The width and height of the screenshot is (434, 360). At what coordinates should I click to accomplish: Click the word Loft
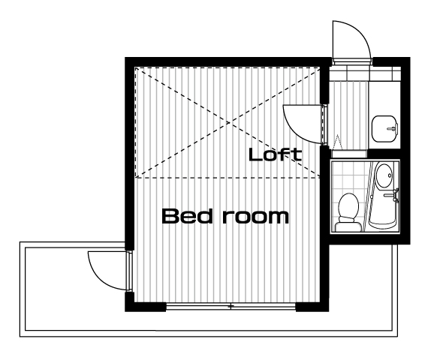[x=275, y=154]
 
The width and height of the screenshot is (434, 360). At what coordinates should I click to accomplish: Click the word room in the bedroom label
[x=256, y=217]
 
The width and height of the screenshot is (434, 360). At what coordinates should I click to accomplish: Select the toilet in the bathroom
[x=348, y=212]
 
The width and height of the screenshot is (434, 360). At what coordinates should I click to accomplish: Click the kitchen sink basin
[x=384, y=128]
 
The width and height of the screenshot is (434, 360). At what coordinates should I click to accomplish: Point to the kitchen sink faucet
[x=393, y=128]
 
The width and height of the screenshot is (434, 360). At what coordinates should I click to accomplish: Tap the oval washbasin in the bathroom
[x=384, y=175]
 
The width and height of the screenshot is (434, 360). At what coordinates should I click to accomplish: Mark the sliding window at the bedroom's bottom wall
[x=231, y=306]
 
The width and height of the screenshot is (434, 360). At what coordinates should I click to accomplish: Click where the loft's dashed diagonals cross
[x=229, y=122]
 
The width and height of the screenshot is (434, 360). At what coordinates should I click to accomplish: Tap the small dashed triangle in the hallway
[x=337, y=142]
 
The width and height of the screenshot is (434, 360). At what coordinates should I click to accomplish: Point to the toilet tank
[x=348, y=226]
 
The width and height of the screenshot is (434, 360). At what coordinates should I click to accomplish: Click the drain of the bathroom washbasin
[x=390, y=175]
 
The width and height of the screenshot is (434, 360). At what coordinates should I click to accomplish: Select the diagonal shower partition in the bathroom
[x=368, y=196]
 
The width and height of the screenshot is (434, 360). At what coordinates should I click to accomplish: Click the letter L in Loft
[x=255, y=154]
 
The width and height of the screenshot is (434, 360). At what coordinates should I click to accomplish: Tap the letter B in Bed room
[x=169, y=216]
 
